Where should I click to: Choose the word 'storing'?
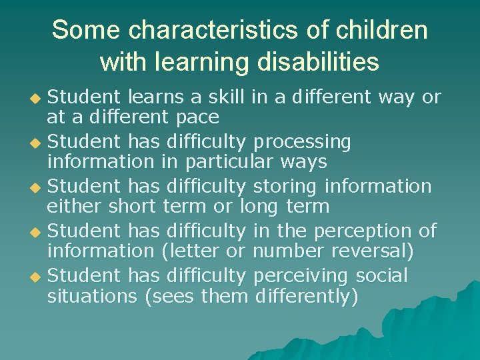pyautogui.click(x=284, y=187)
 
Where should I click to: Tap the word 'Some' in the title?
pyautogui.click(x=85, y=30)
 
